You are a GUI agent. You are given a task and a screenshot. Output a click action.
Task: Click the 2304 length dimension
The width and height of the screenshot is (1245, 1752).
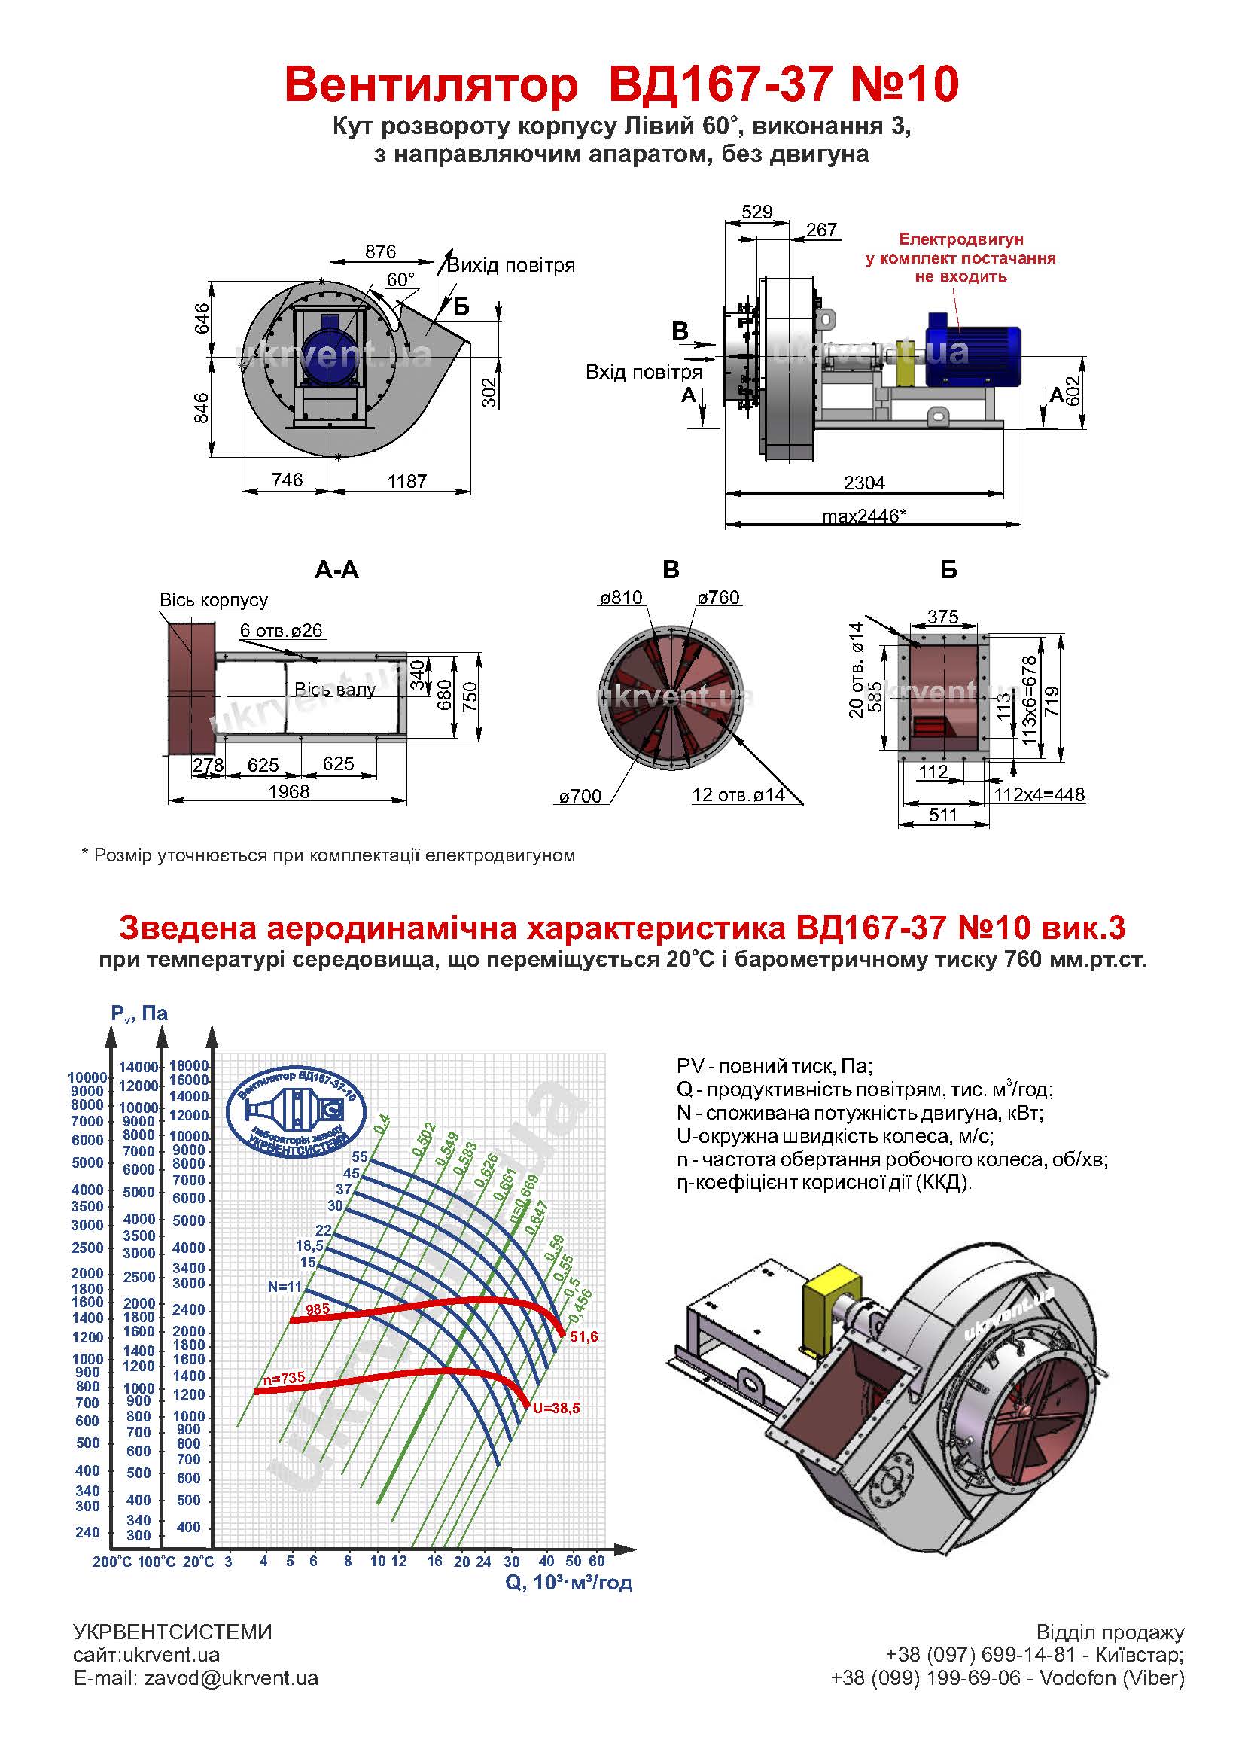pyautogui.click(x=864, y=483)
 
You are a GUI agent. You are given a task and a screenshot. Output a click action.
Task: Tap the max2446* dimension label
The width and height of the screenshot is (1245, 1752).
pyautogui.click(x=864, y=516)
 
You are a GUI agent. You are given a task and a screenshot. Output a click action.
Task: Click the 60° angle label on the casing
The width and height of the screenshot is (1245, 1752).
pyautogui.click(x=400, y=280)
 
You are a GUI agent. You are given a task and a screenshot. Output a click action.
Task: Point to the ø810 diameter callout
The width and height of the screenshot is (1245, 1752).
pyautogui.click(x=621, y=597)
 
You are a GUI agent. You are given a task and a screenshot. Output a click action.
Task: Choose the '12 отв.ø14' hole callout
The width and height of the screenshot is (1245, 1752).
pyautogui.click(x=738, y=794)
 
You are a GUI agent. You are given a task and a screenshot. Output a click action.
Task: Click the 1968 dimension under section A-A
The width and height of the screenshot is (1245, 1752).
pyautogui.click(x=288, y=791)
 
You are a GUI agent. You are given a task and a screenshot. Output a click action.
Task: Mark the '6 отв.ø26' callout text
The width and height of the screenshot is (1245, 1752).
pyautogui.click(x=281, y=630)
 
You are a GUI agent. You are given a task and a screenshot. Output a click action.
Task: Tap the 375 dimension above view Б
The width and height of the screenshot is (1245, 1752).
pyautogui.click(x=943, y=617)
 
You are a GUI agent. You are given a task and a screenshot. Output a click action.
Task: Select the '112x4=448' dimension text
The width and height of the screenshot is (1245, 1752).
pyautogui.click(x=1039, y=794)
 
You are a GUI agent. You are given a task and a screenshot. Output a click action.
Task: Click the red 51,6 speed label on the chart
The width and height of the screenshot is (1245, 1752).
pyautogui.click(x=583, y=1336)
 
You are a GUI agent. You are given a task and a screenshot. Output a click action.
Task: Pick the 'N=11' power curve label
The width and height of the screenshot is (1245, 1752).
pyautogui.click(x=285, y=1287)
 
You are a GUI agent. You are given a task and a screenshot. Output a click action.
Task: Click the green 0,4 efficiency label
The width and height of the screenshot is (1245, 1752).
pyautogui.click(x=382, y=1123)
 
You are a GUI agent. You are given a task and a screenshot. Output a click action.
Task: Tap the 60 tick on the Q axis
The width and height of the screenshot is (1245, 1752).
pyautogui.click(x=596, y=1560)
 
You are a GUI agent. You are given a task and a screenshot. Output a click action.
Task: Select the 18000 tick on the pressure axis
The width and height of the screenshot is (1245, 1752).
pyautogui.click(x=189, y=1065)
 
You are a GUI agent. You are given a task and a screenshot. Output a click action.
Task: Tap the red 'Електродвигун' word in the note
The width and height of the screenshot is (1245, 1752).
pyautogui.click(x=960, y=239)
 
